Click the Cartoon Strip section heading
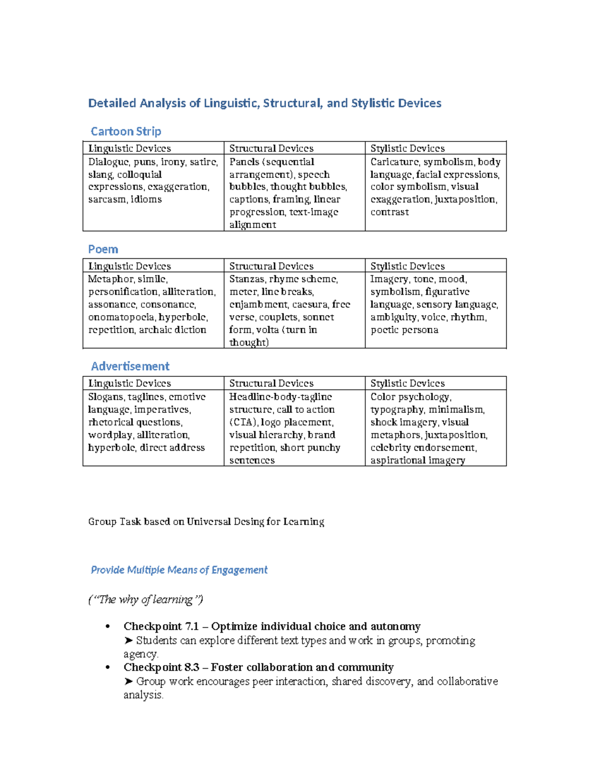click(x=126, y=131)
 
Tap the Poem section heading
click(x=103, y=249)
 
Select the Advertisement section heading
click(x=130, y=366)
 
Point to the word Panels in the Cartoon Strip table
click(x=244, y=162)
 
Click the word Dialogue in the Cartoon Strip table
click(x=108, y=162)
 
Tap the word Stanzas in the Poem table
click(x=247, y=279)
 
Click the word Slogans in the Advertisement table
click(x=105, y=397)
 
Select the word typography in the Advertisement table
click(x=397, y=410)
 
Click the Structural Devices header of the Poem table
click(x=271, y=266)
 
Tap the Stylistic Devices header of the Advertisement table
click(x=407, y=383)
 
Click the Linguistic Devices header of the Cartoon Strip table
click(x=129, y=148)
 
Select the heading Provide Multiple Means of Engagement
click(x=179, y=570)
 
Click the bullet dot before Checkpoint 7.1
click(x=107, y=627)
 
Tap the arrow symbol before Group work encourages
click(x=128, y=682)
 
